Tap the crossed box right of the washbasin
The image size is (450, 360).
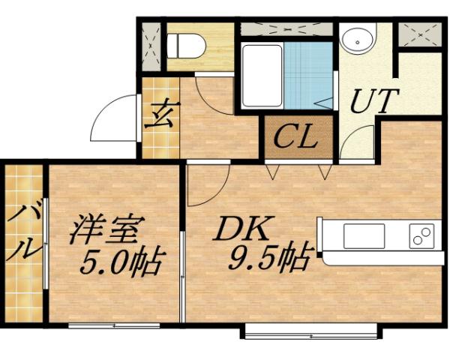point(418,35)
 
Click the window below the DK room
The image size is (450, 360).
point(310,331)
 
